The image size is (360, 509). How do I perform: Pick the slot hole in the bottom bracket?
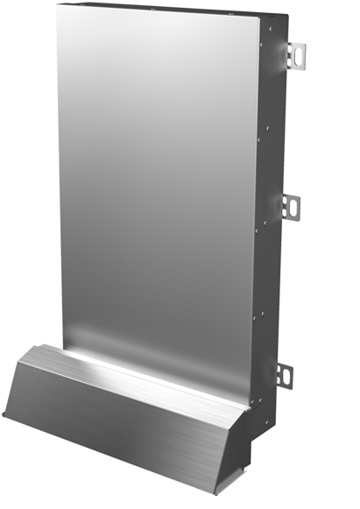point(286,374)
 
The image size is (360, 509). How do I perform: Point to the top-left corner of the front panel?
point(55,5)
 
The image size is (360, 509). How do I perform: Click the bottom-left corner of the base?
point(4,419)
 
